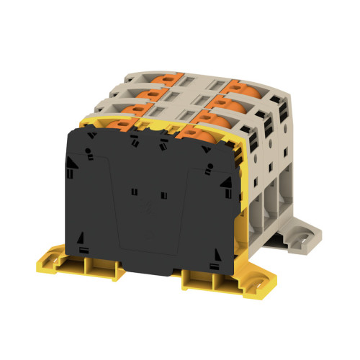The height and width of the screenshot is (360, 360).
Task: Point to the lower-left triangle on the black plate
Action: point(82,238)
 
